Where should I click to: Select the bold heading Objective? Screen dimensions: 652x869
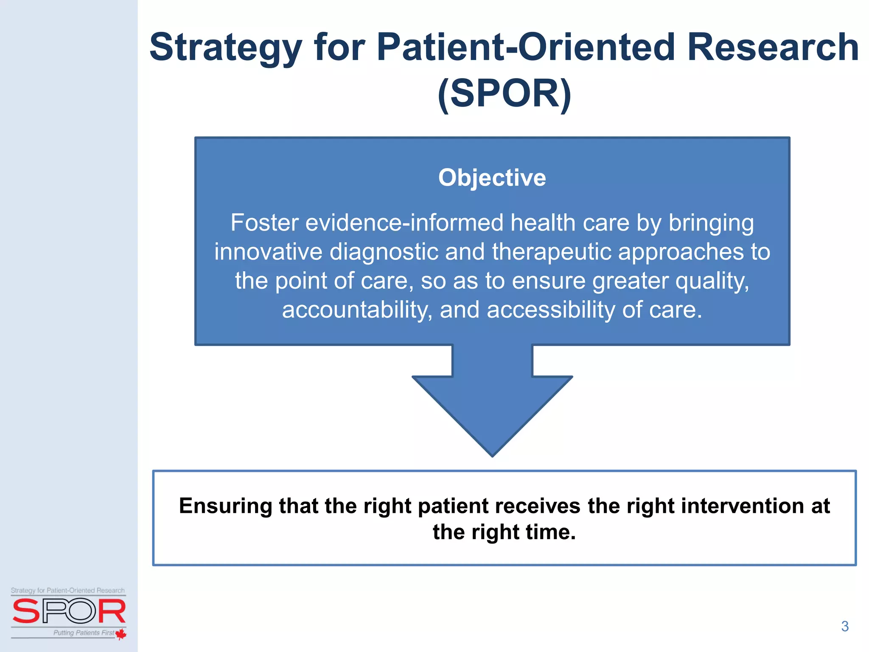(x=492, y=177)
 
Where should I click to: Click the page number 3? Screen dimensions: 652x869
(x=844, y=627)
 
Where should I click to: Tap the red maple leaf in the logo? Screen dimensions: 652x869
(x=121, y=634)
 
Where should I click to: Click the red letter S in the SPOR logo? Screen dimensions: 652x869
(x=26, y=611)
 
